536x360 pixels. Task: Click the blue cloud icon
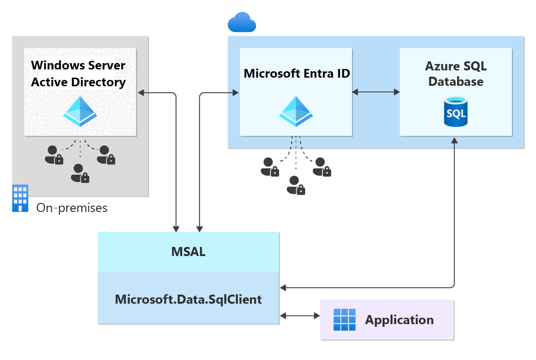point(242,22)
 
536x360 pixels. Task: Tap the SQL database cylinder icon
point(456,112)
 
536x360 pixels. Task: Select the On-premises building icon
point(20,198)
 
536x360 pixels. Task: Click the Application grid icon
point(344,320)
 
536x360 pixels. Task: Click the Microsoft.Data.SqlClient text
point(188,300)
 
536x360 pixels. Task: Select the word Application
point(399,320)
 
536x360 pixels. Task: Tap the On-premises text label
point(72,208)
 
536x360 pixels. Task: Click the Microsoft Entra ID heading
point(297,74)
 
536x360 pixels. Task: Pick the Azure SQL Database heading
point(456,74)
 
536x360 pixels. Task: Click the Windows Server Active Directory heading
point(78,74)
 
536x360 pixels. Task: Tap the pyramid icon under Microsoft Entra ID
point(296,111)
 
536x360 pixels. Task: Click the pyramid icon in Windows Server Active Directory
point(80,111)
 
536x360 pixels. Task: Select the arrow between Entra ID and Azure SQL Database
point(376,92)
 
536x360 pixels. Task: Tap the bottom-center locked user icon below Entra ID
point(296,185)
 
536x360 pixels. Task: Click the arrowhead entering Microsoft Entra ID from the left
point(235,93)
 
